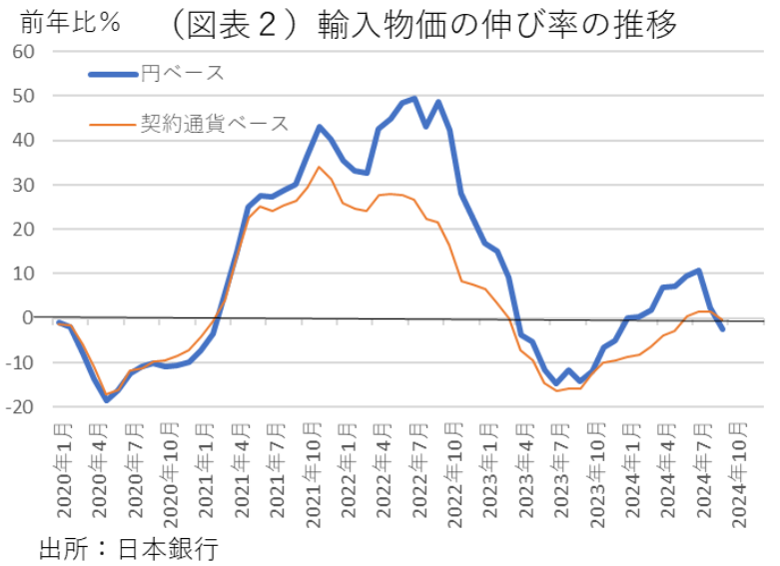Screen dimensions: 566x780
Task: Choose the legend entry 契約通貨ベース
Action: click(x=214, y=124)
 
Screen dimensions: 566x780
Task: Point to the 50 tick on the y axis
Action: click(x=23, y=97)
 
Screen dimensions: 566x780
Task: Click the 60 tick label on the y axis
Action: click(x=23, y=52)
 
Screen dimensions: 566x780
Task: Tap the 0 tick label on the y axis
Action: click(x=29, y=318)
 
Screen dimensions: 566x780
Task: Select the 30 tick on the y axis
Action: click(x=23, y=186)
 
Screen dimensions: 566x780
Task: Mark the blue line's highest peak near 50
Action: click(x=414, y=99)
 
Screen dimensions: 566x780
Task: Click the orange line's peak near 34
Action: click(x=319, y=167)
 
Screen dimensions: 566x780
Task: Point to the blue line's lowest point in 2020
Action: click(x=106, y=399)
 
